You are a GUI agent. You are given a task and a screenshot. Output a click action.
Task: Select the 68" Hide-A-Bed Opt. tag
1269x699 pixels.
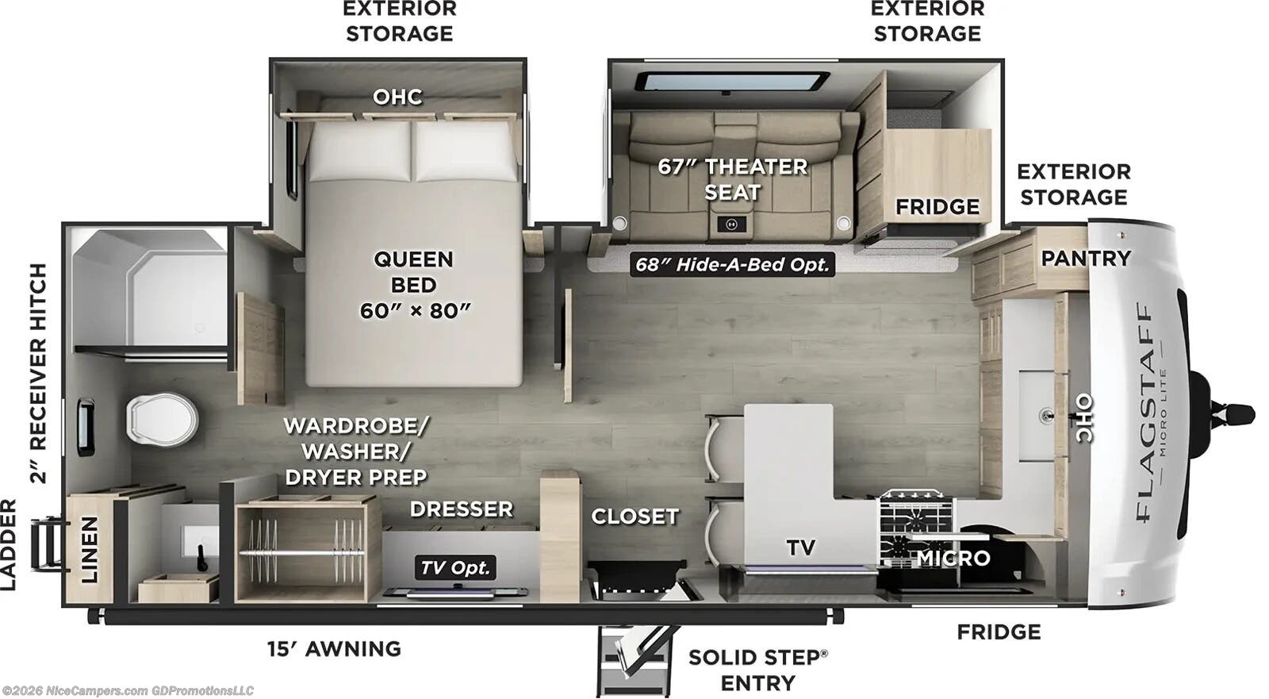(731, 264)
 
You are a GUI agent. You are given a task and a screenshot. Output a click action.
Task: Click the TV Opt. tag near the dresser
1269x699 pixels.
(455, 567)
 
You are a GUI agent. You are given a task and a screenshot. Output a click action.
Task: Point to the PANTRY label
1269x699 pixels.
(1085, 258)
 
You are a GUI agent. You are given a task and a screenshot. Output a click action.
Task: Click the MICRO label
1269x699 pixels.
(953, 559)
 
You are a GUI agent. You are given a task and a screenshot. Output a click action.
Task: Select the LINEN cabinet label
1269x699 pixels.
(89, 549)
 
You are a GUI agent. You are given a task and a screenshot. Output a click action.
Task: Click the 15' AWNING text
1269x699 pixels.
(334, 649)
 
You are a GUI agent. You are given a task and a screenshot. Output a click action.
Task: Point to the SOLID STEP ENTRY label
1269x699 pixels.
(757, 670)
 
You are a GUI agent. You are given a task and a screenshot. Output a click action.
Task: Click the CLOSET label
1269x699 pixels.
(634, 517)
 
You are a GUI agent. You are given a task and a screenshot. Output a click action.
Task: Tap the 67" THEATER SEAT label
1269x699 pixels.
(732, 179)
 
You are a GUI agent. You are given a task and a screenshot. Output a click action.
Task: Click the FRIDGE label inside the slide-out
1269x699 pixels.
(937, 207)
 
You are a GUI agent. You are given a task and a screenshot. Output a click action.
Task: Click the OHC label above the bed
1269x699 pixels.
(397, 97)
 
